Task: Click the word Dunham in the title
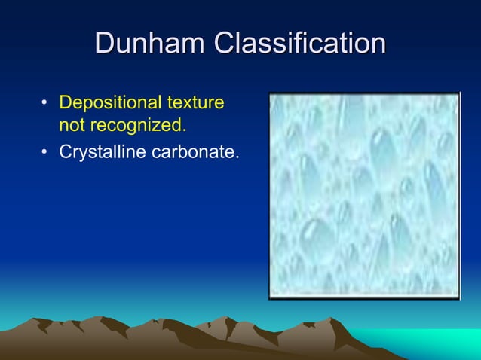click(x=151, y=44)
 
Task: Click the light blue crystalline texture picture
click(x=364, y=195)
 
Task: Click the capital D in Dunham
click(x=106, y=44)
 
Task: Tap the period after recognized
click(x=185, y=126)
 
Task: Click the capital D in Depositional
click(x=65, y=102)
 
